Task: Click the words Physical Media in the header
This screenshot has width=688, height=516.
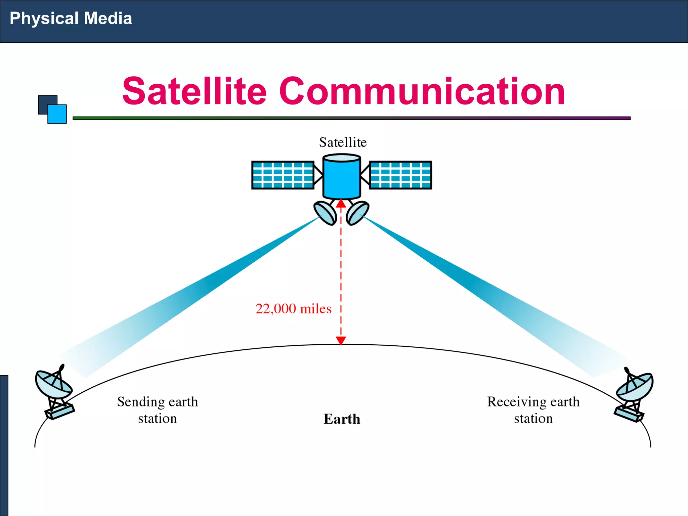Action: (x=71, y=18)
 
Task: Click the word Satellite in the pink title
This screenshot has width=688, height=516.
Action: (x=194, y=91)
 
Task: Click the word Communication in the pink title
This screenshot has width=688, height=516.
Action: (x=422, y=91)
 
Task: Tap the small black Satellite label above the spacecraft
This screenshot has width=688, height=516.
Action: (x=343, y=142)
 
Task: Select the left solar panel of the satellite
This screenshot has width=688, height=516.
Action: (x=283, y=175)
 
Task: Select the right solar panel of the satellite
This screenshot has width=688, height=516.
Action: (x=400, y=175)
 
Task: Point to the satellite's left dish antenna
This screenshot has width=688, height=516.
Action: (x=325, y=213)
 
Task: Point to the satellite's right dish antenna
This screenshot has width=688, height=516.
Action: (x=357, y=213)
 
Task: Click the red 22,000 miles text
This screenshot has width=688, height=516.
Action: (x=293, y=309)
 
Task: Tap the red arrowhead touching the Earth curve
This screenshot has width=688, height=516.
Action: (x=341, y=341)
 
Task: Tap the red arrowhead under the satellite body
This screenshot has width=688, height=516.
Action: (x=341, y=204)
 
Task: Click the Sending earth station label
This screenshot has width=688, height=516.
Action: (x=158, y=410)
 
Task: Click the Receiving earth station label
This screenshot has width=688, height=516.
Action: (x=533, y=410)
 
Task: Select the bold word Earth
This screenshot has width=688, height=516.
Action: (x=342, y=419)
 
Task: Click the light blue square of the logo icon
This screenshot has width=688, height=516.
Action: (x=57, y=114)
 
